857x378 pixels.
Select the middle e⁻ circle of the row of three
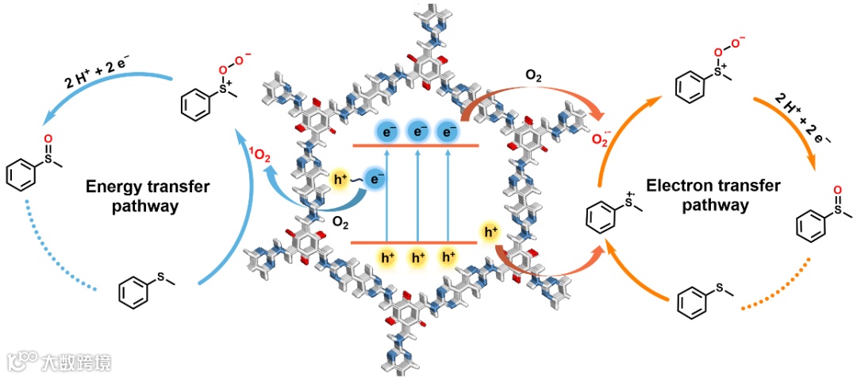pyautogui.click(x=417, y=132)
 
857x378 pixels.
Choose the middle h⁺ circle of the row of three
pyautogui.click(x=417, y=256)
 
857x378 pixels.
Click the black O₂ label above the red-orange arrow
pyautogui.click(x=535, y=76)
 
